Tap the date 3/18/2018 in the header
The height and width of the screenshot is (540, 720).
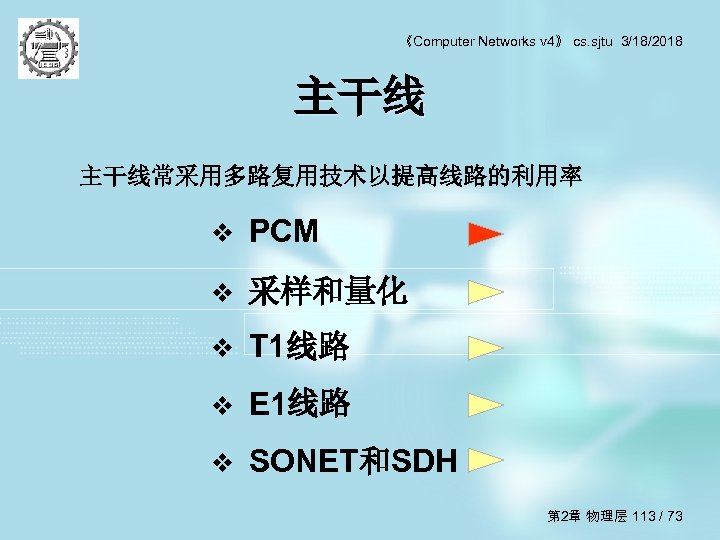click(652, 41)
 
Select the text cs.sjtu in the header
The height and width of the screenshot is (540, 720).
click(594, 41)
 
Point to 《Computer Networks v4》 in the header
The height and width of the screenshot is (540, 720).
click(486, 41)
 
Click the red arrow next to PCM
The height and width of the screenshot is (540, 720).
click(486, 235)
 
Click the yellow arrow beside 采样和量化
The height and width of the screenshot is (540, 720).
click(486, 292)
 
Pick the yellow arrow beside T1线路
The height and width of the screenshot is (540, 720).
click(486, 348)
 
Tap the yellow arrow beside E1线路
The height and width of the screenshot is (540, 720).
click(486, 405)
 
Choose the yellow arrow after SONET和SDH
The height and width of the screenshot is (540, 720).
click(486, 461)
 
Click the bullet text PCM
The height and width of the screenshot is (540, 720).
click(284, 233)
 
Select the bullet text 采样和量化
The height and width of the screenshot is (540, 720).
click(328, 291)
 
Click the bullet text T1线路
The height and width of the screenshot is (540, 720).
click(299, 347)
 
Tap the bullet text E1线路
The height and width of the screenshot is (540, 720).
click(299, 404)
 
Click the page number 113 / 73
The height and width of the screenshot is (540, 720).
click(657, 516)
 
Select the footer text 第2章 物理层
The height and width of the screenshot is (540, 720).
click(587, 516)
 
